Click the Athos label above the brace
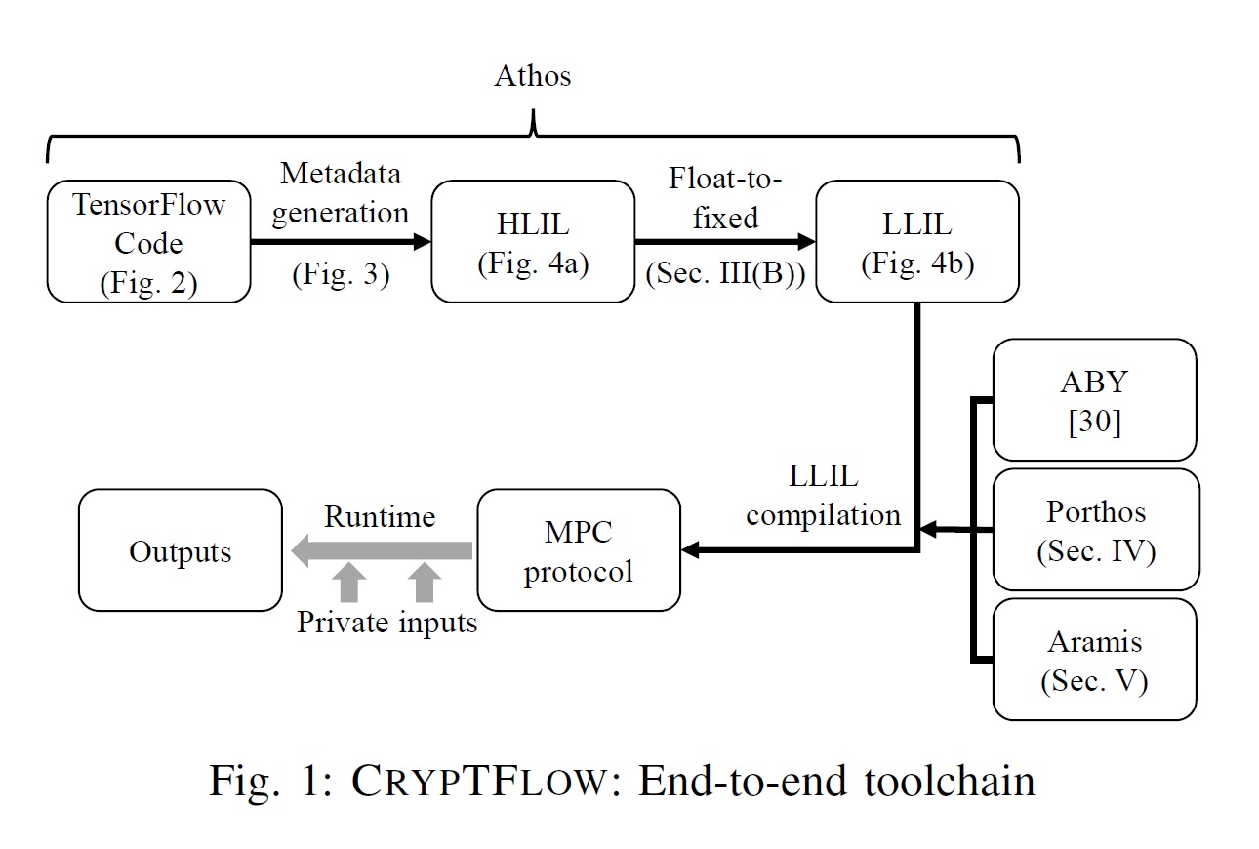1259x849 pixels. point(532,76)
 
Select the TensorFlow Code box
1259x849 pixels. point(148,242)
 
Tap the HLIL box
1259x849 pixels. point(533,242)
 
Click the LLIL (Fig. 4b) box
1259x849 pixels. point(916,242)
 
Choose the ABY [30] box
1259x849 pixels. point(1094,399)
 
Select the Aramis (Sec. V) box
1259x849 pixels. point(1094,660)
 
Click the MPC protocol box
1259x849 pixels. point(578,551)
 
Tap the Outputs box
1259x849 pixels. point(181,551)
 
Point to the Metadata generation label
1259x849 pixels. point(341,194)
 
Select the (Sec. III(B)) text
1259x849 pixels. point(725,275)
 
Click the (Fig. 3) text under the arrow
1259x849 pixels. point(341,275)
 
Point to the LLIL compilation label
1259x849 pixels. point(822,496)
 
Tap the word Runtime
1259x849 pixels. point(380,516)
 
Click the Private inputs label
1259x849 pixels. point(387,622)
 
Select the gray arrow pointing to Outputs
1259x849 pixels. point(381,551)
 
